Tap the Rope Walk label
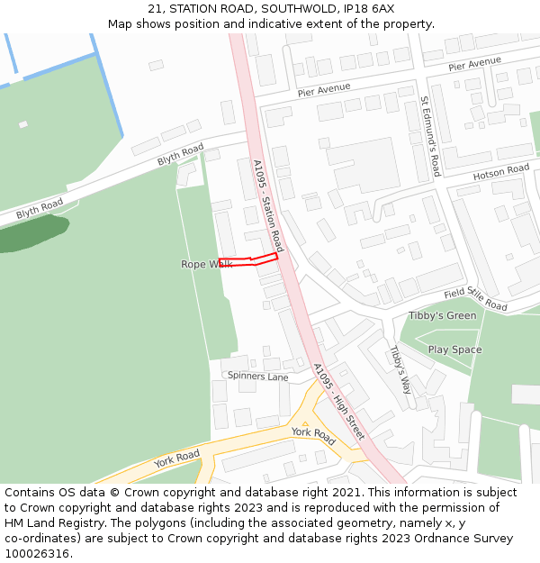pos(206,264)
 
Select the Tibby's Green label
pos(442,315)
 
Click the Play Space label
pos(454,350)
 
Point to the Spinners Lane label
pos(257,376)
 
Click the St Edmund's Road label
pos(430,136)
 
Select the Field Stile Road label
pos(475,298)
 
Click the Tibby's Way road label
pos(400,369)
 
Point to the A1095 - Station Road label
pos(267,206)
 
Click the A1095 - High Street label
pos(338,402)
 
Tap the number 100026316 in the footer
pos(38,553)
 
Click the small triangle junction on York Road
pos(305,423)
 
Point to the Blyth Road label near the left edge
pos(40,208)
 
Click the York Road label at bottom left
pos(176,459)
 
